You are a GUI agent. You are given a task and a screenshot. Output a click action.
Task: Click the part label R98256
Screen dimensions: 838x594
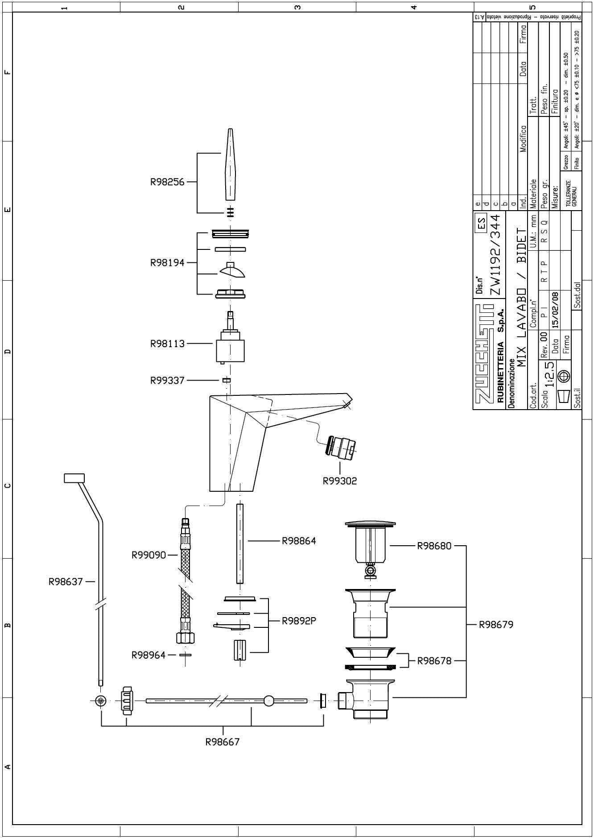click(x=167, y=182)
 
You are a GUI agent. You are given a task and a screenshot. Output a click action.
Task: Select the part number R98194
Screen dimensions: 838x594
click(x=167, y=262)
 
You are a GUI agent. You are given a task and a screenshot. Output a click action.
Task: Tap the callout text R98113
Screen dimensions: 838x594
click(x=167, y=344)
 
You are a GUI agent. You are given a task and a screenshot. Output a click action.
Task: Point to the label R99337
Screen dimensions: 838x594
click(x=167, y=381)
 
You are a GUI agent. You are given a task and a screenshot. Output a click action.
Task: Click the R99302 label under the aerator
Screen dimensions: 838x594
click(x=340, y=481)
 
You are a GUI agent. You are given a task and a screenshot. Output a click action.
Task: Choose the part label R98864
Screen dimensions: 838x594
click(x=298, y=541)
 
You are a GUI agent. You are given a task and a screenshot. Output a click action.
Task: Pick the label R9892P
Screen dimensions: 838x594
click(x=299, y=621)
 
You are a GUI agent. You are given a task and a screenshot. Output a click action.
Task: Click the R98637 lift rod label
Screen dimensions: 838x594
click(x=66, y=581)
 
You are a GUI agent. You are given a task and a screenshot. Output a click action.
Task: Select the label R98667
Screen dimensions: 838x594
click(x=222, y=742)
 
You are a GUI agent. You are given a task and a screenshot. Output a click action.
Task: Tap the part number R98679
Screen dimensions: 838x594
click(x=496, y=625)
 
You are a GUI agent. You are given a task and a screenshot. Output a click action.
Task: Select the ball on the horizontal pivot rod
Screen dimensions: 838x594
click(x=269, y=701)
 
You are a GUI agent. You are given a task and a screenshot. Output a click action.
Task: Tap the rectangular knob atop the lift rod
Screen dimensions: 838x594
click(x=74, y=478)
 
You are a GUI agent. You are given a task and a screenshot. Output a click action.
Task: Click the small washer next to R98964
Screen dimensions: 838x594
click(x=185, y=655)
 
